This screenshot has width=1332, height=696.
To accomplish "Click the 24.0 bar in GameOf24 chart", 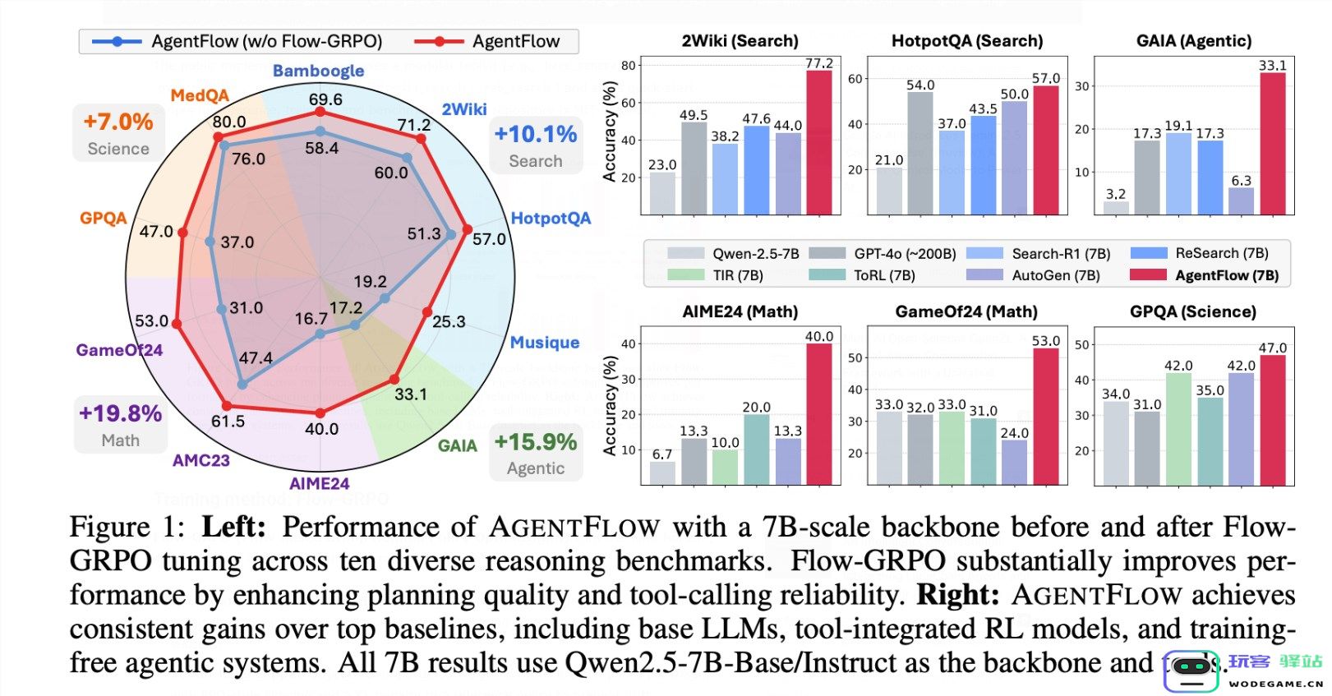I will (x=1014, y=462).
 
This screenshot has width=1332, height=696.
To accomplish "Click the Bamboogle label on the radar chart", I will (x=318, y=71).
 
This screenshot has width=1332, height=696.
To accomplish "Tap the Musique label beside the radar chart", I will (x=544, y=342).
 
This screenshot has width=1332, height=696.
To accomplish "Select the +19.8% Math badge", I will (x=120, y=424).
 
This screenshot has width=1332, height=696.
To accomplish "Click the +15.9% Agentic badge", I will (x=536, y=453).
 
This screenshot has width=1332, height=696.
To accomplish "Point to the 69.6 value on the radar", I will (x=325, y=99).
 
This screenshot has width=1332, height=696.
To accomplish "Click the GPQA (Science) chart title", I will (x=1192, y=311).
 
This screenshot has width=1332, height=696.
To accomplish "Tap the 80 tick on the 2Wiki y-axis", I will (x=628, y=66).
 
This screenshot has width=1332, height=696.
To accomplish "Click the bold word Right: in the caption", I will (x=958, y=594).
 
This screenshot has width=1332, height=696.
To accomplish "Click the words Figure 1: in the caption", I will (x=127, y=527).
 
